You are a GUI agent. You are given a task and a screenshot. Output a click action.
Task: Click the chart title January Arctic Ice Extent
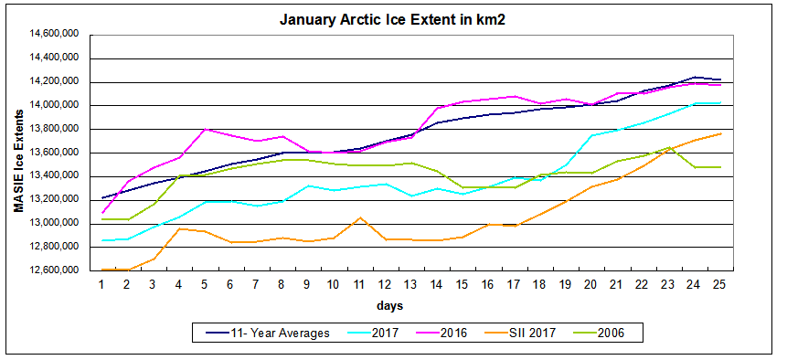coord(392,18)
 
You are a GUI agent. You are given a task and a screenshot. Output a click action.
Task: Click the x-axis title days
coord(409,304)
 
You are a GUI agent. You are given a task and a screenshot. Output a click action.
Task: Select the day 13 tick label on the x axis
coord(411,284)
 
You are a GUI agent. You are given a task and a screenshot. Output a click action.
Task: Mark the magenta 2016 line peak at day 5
coord(205,129)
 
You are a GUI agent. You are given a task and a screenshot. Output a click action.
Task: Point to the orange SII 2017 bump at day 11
coord(360,217)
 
